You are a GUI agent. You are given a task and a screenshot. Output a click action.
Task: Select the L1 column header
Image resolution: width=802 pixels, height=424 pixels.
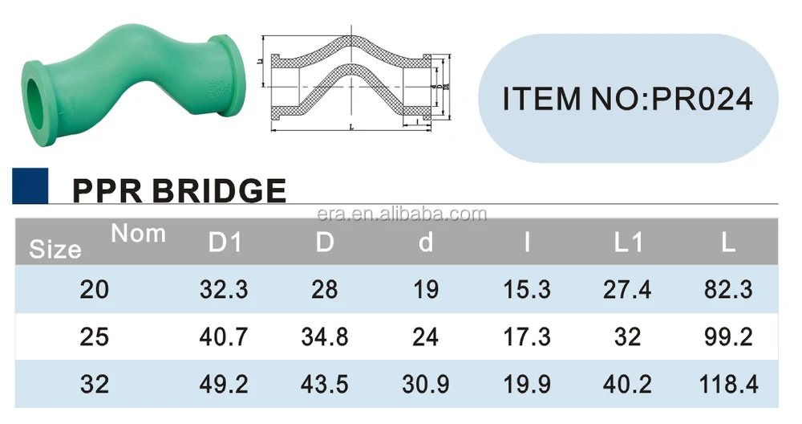(x=628, y=243)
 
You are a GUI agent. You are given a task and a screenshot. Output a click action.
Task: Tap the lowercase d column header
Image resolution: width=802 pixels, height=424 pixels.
(x=426, y=243)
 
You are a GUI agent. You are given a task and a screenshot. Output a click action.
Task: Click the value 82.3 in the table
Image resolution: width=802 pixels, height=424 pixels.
(x=727, y=290)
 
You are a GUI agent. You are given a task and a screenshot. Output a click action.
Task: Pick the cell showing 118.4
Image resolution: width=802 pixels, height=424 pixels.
(x=727, y=384)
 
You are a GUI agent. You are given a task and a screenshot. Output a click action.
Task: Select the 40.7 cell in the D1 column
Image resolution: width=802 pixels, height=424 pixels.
(x=225, y=336)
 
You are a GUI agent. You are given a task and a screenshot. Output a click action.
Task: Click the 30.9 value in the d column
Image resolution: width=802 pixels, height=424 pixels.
(x=426, y=384)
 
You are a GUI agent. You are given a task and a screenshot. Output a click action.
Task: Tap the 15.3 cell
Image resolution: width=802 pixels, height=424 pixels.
(x=527, y=290)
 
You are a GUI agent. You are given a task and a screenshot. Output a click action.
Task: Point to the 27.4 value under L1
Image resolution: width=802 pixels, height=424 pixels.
(x=628, y=290)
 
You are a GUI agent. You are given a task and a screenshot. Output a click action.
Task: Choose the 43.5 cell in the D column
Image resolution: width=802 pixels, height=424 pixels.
(x=325, y=384)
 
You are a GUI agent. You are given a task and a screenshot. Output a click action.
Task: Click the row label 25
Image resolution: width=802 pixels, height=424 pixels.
(x=95, y=336)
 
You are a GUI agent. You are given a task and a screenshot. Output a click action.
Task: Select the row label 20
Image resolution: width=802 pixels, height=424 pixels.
(x=95, y=290)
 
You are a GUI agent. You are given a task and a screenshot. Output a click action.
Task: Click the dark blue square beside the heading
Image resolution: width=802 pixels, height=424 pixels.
(x=30, y=185)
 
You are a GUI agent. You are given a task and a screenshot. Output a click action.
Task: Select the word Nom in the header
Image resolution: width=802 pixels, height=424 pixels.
(x=138, y=234)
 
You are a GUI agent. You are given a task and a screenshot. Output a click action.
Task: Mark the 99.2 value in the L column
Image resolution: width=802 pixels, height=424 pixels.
(x=727, y=336)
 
